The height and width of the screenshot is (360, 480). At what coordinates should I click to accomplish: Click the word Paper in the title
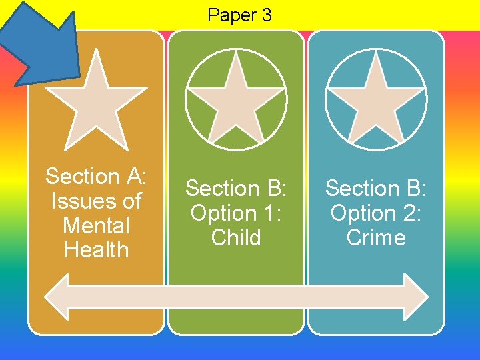(x=231, y=15)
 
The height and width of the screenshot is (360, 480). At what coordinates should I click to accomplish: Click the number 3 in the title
(x=266, y=15)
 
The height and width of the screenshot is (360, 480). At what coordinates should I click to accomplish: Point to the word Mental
(x=95, y=225)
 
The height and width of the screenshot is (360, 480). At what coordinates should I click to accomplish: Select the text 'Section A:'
(x=96, y=177)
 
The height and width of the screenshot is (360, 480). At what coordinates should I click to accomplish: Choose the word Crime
(x=376, y=238)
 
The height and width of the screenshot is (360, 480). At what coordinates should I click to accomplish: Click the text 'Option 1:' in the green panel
(x=235, y=213)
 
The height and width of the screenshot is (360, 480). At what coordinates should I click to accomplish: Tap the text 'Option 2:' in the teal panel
(x=376, y=213)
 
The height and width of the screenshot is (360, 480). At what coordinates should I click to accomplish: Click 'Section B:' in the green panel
(x=235, y=189)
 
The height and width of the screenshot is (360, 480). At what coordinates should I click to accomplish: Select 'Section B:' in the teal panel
(x=376, y=189)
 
